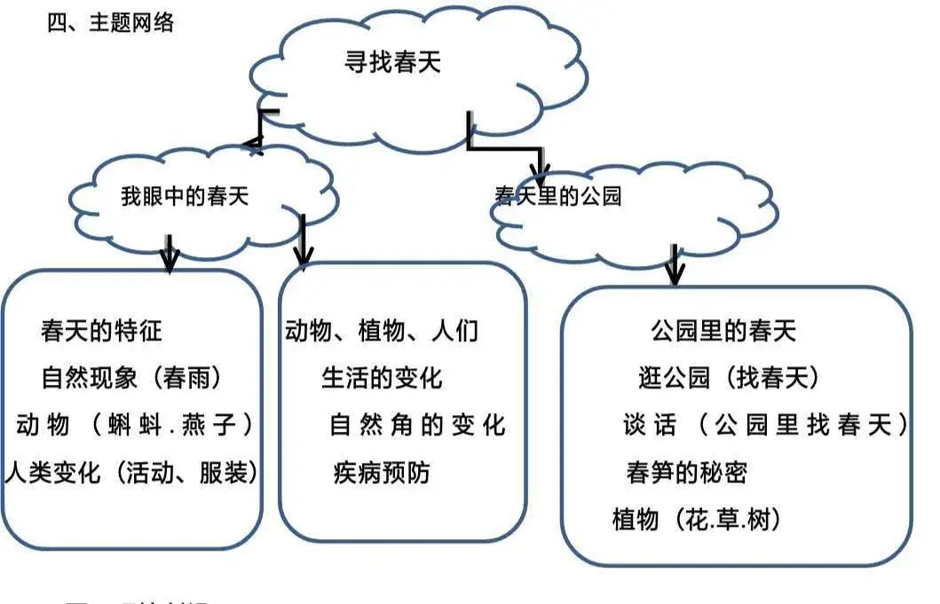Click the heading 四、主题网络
point(110,23)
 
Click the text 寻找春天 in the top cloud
point(392,63)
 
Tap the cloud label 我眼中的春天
point(185,197)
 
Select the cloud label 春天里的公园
point(558,196)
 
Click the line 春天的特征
point(101,332)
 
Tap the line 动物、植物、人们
point(382,332)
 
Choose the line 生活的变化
point(382,379)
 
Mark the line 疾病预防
point(382,472)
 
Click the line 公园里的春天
point(723,332)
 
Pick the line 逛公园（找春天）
point(728,379)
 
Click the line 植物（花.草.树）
point(698,519)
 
